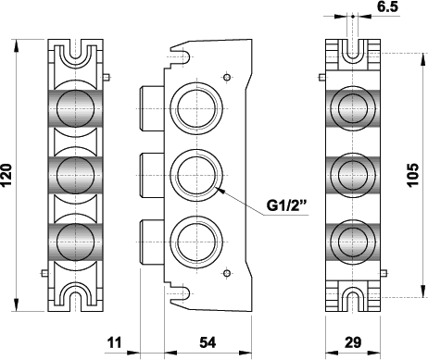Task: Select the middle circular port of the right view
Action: [352, 172]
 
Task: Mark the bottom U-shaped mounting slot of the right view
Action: [352, 294]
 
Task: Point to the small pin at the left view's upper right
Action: [110, 76]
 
